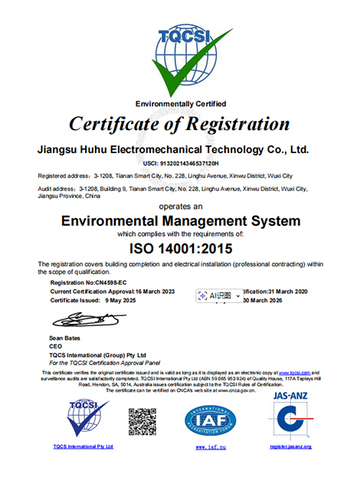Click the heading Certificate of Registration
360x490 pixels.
click(180, 123)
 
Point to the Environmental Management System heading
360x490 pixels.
click(180, 221)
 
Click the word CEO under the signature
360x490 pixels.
click(55, 347)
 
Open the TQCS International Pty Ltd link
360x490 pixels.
click(83, 446)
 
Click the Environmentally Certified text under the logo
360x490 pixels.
click(181, 103)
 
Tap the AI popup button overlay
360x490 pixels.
click(217, 295)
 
